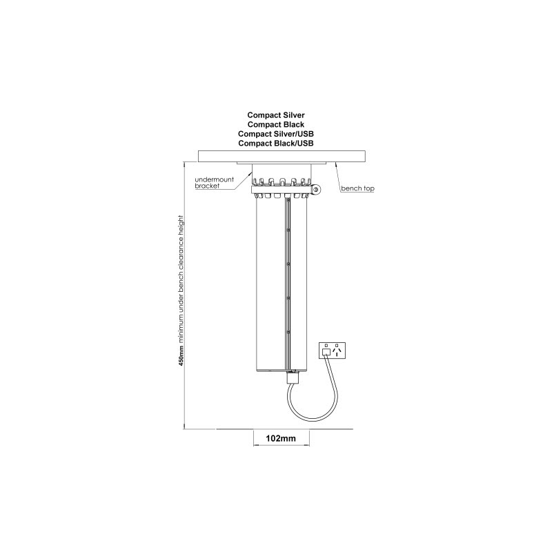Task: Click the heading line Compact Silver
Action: click(275, 115)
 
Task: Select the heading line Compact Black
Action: click(275, 125)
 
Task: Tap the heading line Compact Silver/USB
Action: click(275, 134)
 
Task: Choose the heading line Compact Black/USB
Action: click(275, 144)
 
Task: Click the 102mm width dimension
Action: click(281, 438)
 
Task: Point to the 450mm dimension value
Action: click(181, 356)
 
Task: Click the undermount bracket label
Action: click(214, 183)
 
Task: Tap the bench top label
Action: click(357, 188)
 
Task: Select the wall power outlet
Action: click(332, 351)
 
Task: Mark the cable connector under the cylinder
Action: click(292, 377)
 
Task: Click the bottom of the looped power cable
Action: click(313, 419)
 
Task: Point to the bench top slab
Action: click(282, 157)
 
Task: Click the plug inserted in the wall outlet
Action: click(326, 352)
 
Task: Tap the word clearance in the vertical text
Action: click(181, 255)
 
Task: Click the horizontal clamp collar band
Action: click(282, 190)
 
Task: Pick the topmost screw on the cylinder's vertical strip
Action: click(288, 230)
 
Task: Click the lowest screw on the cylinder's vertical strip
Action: click(288, 332)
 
